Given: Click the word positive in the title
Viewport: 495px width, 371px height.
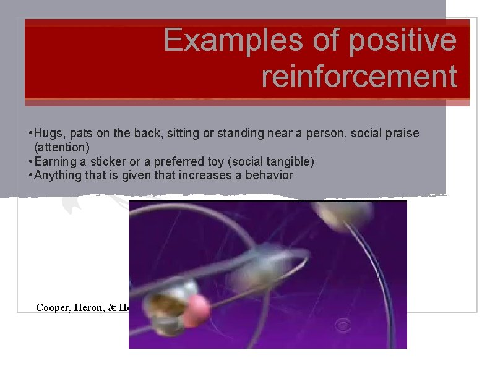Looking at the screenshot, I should pos(403,41).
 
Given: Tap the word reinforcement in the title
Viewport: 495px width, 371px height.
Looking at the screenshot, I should pos(359,77).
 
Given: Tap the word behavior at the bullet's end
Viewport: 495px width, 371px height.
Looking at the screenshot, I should pos(269,176).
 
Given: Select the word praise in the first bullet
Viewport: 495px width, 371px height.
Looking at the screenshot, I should pos(403,134).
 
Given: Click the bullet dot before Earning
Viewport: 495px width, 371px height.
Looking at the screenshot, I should pos(30,162).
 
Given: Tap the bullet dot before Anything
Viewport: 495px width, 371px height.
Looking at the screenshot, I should pos(30,176).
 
